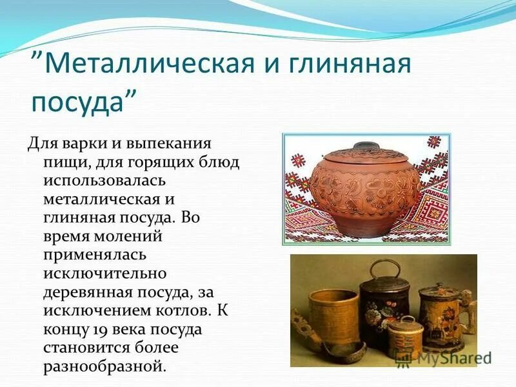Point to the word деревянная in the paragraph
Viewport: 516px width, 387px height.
(x=87, y=292)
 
